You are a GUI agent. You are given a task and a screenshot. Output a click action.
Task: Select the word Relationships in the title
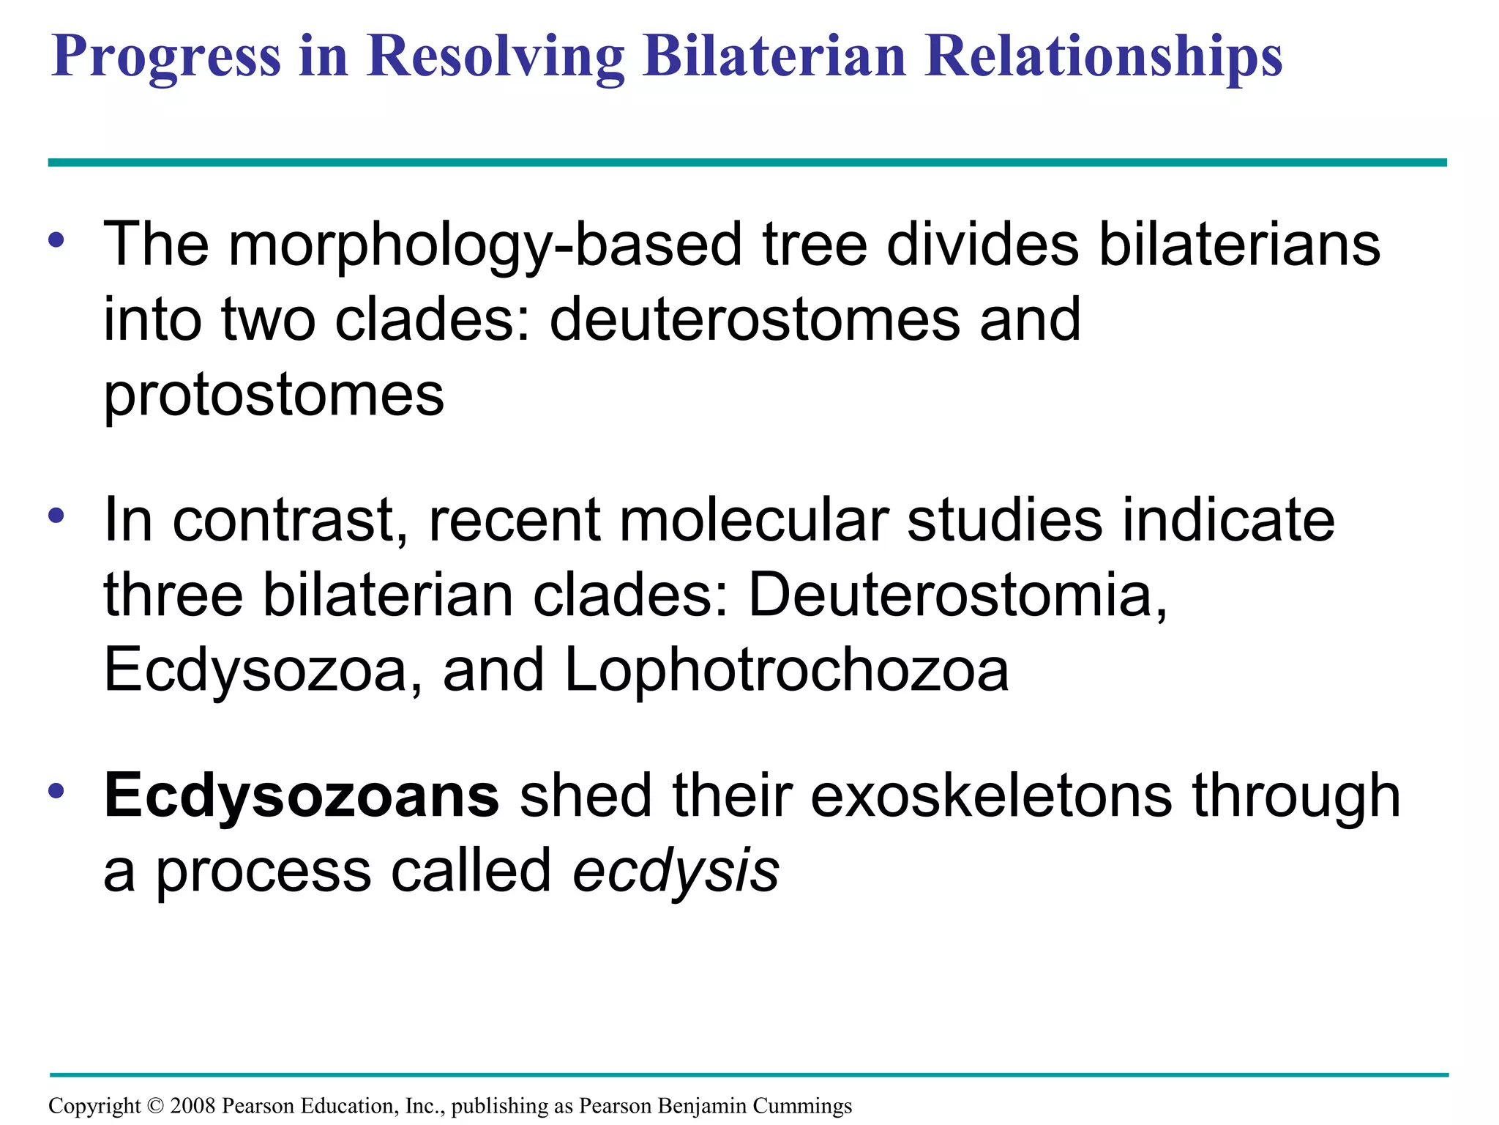[x=1103, y=57]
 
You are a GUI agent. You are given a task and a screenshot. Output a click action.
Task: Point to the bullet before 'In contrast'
[x=56, y=515]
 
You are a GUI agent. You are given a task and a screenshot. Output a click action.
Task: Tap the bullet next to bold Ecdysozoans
[x=56, y=791]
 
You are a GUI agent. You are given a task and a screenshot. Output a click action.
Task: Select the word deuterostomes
[x=754, y=320]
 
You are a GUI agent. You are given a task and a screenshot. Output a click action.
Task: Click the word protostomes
[x=274, y=396]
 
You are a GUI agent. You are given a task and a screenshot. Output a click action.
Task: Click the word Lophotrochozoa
[x=787, y=670]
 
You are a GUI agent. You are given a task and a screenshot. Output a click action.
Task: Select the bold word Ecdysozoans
[x=302, y=796]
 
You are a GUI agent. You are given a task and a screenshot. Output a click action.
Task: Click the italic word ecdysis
[x=676, y=872]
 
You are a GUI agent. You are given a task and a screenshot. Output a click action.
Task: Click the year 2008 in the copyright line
[x=192, y=1106]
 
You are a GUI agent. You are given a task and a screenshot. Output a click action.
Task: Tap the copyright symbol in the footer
[x=155, y=1106]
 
